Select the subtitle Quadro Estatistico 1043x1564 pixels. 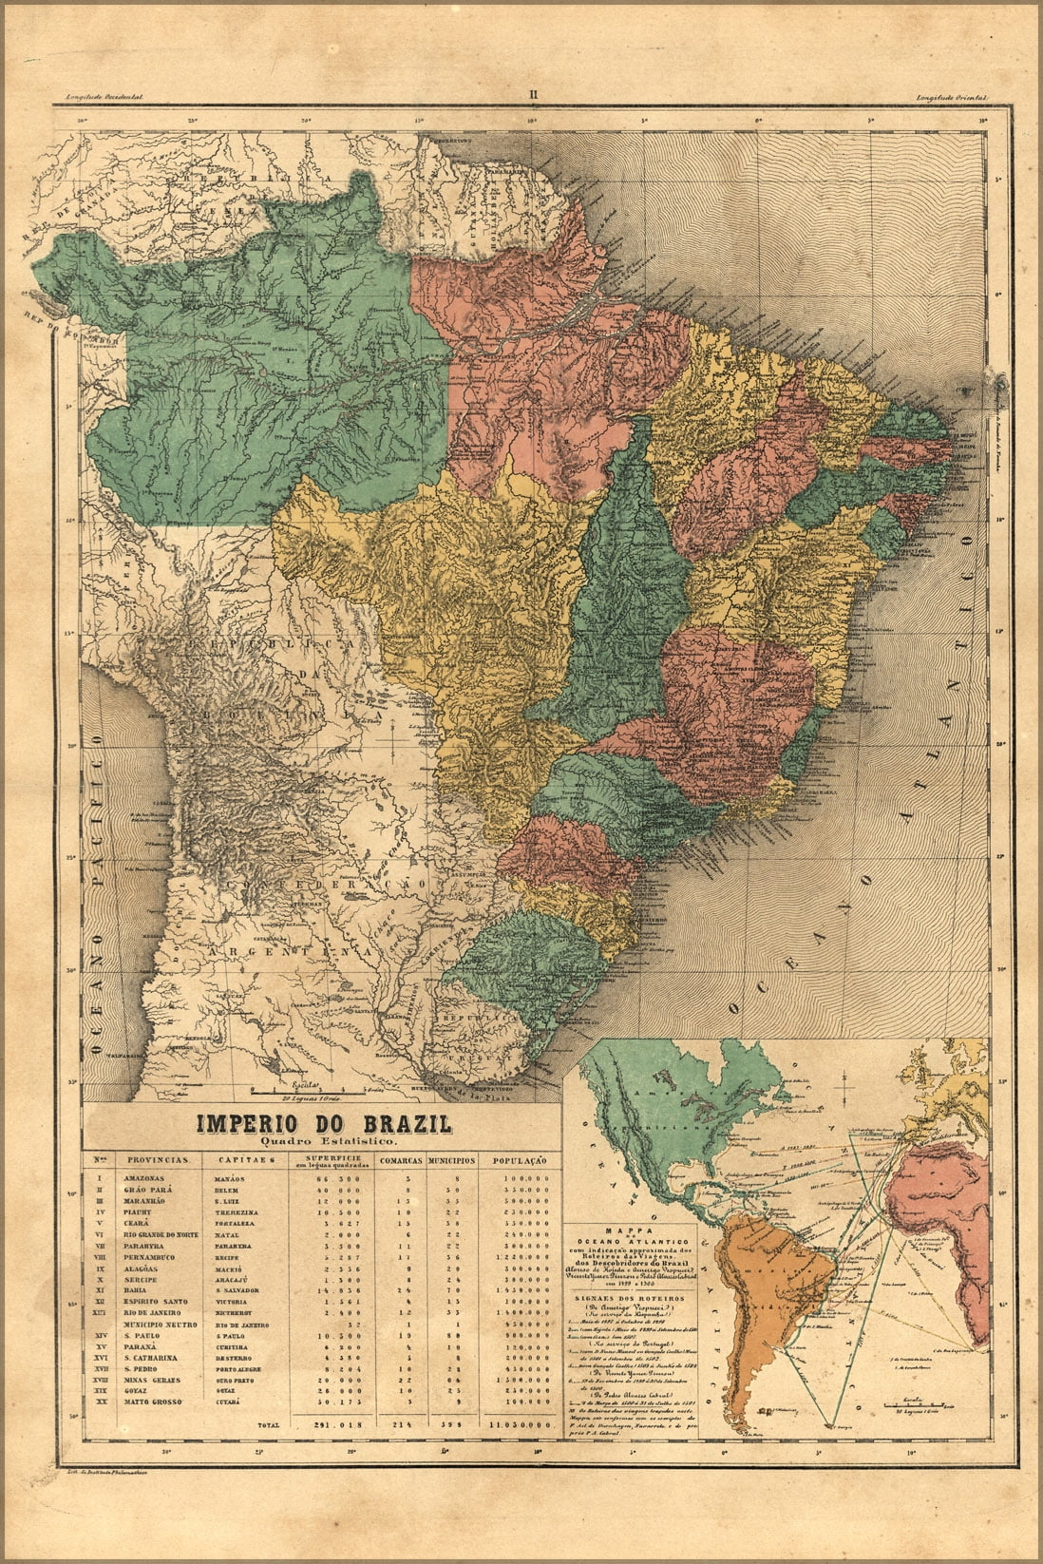pyautogui.click(x=323, y=1140)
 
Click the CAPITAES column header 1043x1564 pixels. pyautogui.click(x=245, y=1160)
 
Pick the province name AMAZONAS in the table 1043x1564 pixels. pyautogui.click(x=144, y=1178)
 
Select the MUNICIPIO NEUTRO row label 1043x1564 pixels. pyautogui.click(x=158, y=1323)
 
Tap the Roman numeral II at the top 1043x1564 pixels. pyautogui.click(x=534, y=94)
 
